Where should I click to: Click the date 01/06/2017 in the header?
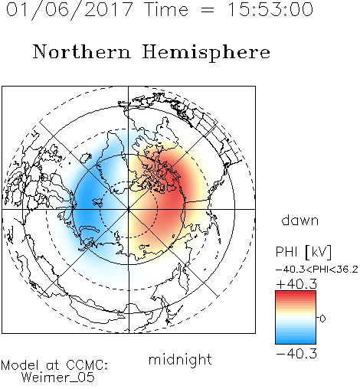(x=70, y=10)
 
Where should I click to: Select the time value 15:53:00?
(x=270, y=9)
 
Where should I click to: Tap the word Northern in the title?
(x=82, y=51)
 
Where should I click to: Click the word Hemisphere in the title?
(x=206, y=53)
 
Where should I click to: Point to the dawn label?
(x=300, y=220)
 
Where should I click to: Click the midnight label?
(x=180, y=359)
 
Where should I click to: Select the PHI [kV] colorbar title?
(x=303, y=252)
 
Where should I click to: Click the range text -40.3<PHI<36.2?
(x=317, y=270)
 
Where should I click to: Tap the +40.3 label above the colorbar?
(x=296, y=284)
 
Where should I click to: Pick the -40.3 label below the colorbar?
(x=296, y=354)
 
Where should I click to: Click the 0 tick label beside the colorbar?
(x=322, y=319)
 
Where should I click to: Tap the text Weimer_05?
(x=58, y=378)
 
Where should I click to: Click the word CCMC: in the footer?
(x=87, y=365)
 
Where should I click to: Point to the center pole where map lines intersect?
(x=129, y=210)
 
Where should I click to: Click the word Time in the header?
(x=166, y=9)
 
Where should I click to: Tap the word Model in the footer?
(x=20, y=365)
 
